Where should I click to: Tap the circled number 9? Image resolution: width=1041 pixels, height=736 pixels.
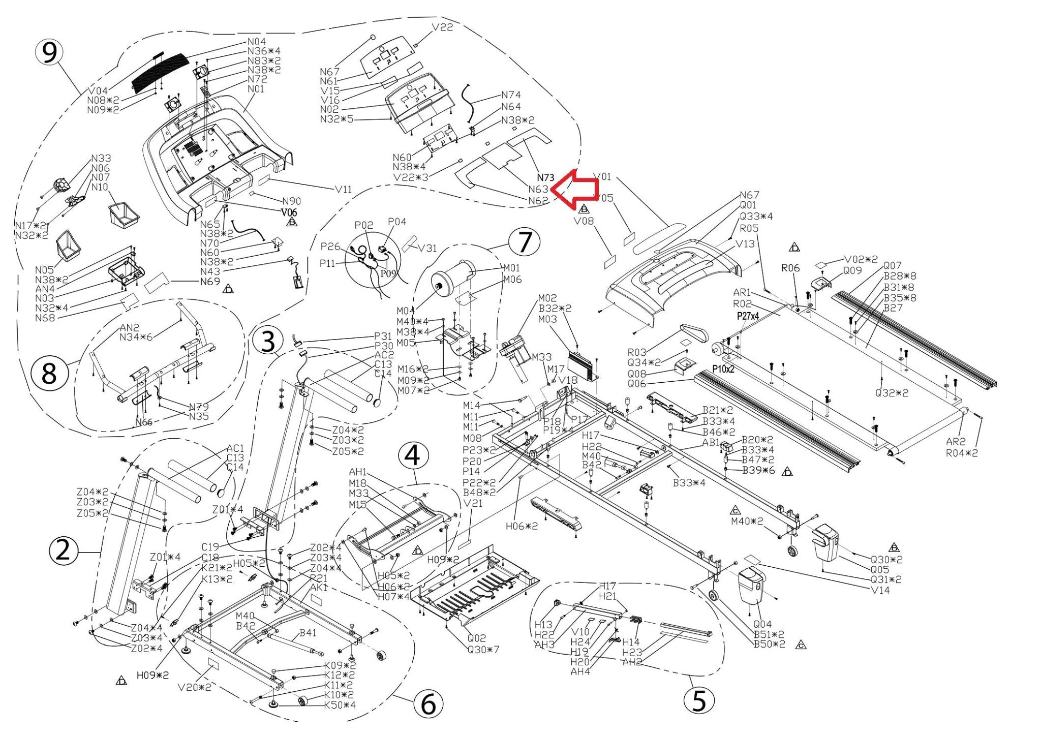pyautogui.click(x=49, y=52)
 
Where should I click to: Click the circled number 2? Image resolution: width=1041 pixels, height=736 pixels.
pyautogui.click(x=63, y=550)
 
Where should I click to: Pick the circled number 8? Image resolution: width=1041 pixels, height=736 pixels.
pyautogui.click(x=49, y=374)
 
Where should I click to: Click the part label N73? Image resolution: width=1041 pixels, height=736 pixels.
pyautogui.click(x=545, y=177)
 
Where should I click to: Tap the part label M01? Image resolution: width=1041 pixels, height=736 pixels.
pyautogui.click(x=512, y=268)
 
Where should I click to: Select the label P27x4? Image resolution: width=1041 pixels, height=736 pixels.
pyautogui.click(x=748, y=316)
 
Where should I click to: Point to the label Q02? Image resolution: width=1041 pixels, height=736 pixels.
pyautogui.click(x=477, y=638)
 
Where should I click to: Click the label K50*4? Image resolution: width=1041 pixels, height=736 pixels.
pyautogui.click(x=340, y=705)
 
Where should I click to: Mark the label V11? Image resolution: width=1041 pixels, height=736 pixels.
pyautogui.click(x=343, y=189)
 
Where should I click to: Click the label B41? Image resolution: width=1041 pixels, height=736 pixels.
pyautogui.click(x=308, y=633)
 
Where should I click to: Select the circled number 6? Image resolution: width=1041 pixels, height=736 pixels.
pyautogui.click(x=428, y=704)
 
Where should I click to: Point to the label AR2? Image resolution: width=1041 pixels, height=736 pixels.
pyautogui.click(x=956, y=442)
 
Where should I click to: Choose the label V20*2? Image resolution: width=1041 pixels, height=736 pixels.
pyautogui.click(x=195, y=687)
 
